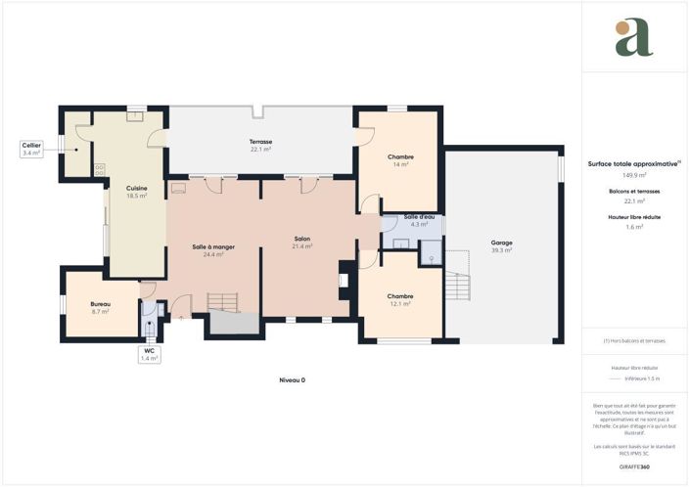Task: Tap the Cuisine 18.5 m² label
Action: point(136,192)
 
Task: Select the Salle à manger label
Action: point(211,250)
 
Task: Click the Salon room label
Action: point(301,243)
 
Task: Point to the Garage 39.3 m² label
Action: point(502,246)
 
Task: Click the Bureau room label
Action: point(100,307)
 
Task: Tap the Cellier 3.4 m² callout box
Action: point(31,150)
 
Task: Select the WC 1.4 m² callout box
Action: point(149,354)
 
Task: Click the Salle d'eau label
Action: point(419,220)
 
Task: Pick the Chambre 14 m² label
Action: point(400,160)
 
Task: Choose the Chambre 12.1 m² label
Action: point(399,299)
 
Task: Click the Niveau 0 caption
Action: point(292,379)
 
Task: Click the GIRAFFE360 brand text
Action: point(634,466)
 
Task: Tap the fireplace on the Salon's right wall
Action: point(343,280)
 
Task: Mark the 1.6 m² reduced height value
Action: point(634,227)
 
